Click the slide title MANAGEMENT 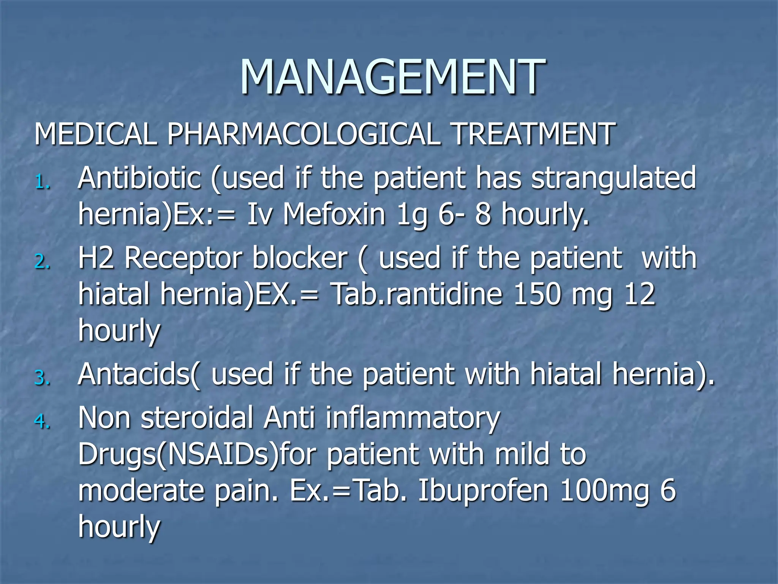tap(392, 77)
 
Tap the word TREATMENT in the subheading tap(533, 134)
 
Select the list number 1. tap(42, 183)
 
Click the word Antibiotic tap(139, 178)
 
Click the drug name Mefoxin tap(334, 214)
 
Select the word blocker tap(300, 258)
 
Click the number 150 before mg tap(536, 294)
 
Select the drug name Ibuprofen tap(483, 490)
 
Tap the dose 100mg tap(604, 490)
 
